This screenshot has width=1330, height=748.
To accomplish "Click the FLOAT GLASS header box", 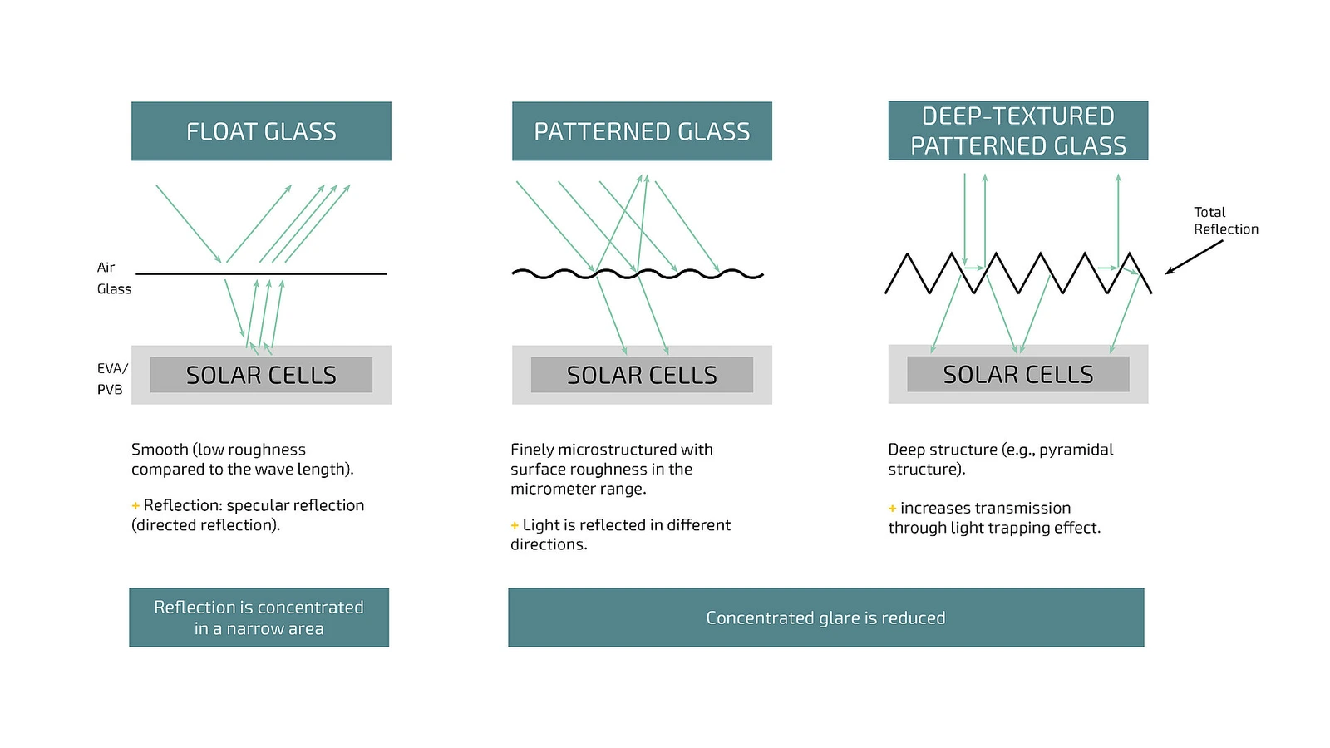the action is (x=261, y=131).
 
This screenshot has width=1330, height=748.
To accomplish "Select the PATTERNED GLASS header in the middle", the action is (x=642, y=131).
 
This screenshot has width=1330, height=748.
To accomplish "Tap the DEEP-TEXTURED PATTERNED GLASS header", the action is (x=1018, y=130).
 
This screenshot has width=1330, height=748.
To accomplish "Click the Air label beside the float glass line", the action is (x=106, y=267).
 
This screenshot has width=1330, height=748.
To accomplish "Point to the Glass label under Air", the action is (x=114, y=289).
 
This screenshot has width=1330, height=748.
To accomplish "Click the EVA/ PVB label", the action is (x=112, y=379).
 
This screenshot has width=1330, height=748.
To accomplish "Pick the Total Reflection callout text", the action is (x=1226, y=221).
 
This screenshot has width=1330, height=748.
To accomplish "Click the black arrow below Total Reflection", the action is (x=1194, y=257).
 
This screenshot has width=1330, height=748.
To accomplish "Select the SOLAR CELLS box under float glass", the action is (x=261, y=375).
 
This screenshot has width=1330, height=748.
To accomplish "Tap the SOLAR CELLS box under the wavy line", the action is (x=642, y=375).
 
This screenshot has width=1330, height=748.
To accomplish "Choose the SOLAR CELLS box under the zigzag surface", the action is (x=1018, y=375).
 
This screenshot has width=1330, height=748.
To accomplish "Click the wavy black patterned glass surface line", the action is (x=638, y=274).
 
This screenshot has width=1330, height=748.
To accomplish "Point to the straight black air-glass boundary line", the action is (x=261, y=273).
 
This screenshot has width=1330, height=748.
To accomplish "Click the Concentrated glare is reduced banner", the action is (x=826, y=618).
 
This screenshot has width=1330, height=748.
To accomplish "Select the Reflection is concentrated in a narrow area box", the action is (x=259, y=618).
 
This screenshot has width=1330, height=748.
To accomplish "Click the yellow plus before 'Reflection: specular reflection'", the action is (x=135, y=506).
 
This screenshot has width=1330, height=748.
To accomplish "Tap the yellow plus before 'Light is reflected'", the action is (x=515, y=525).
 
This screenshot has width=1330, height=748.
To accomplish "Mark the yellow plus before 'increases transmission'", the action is (x=892, y=508).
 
